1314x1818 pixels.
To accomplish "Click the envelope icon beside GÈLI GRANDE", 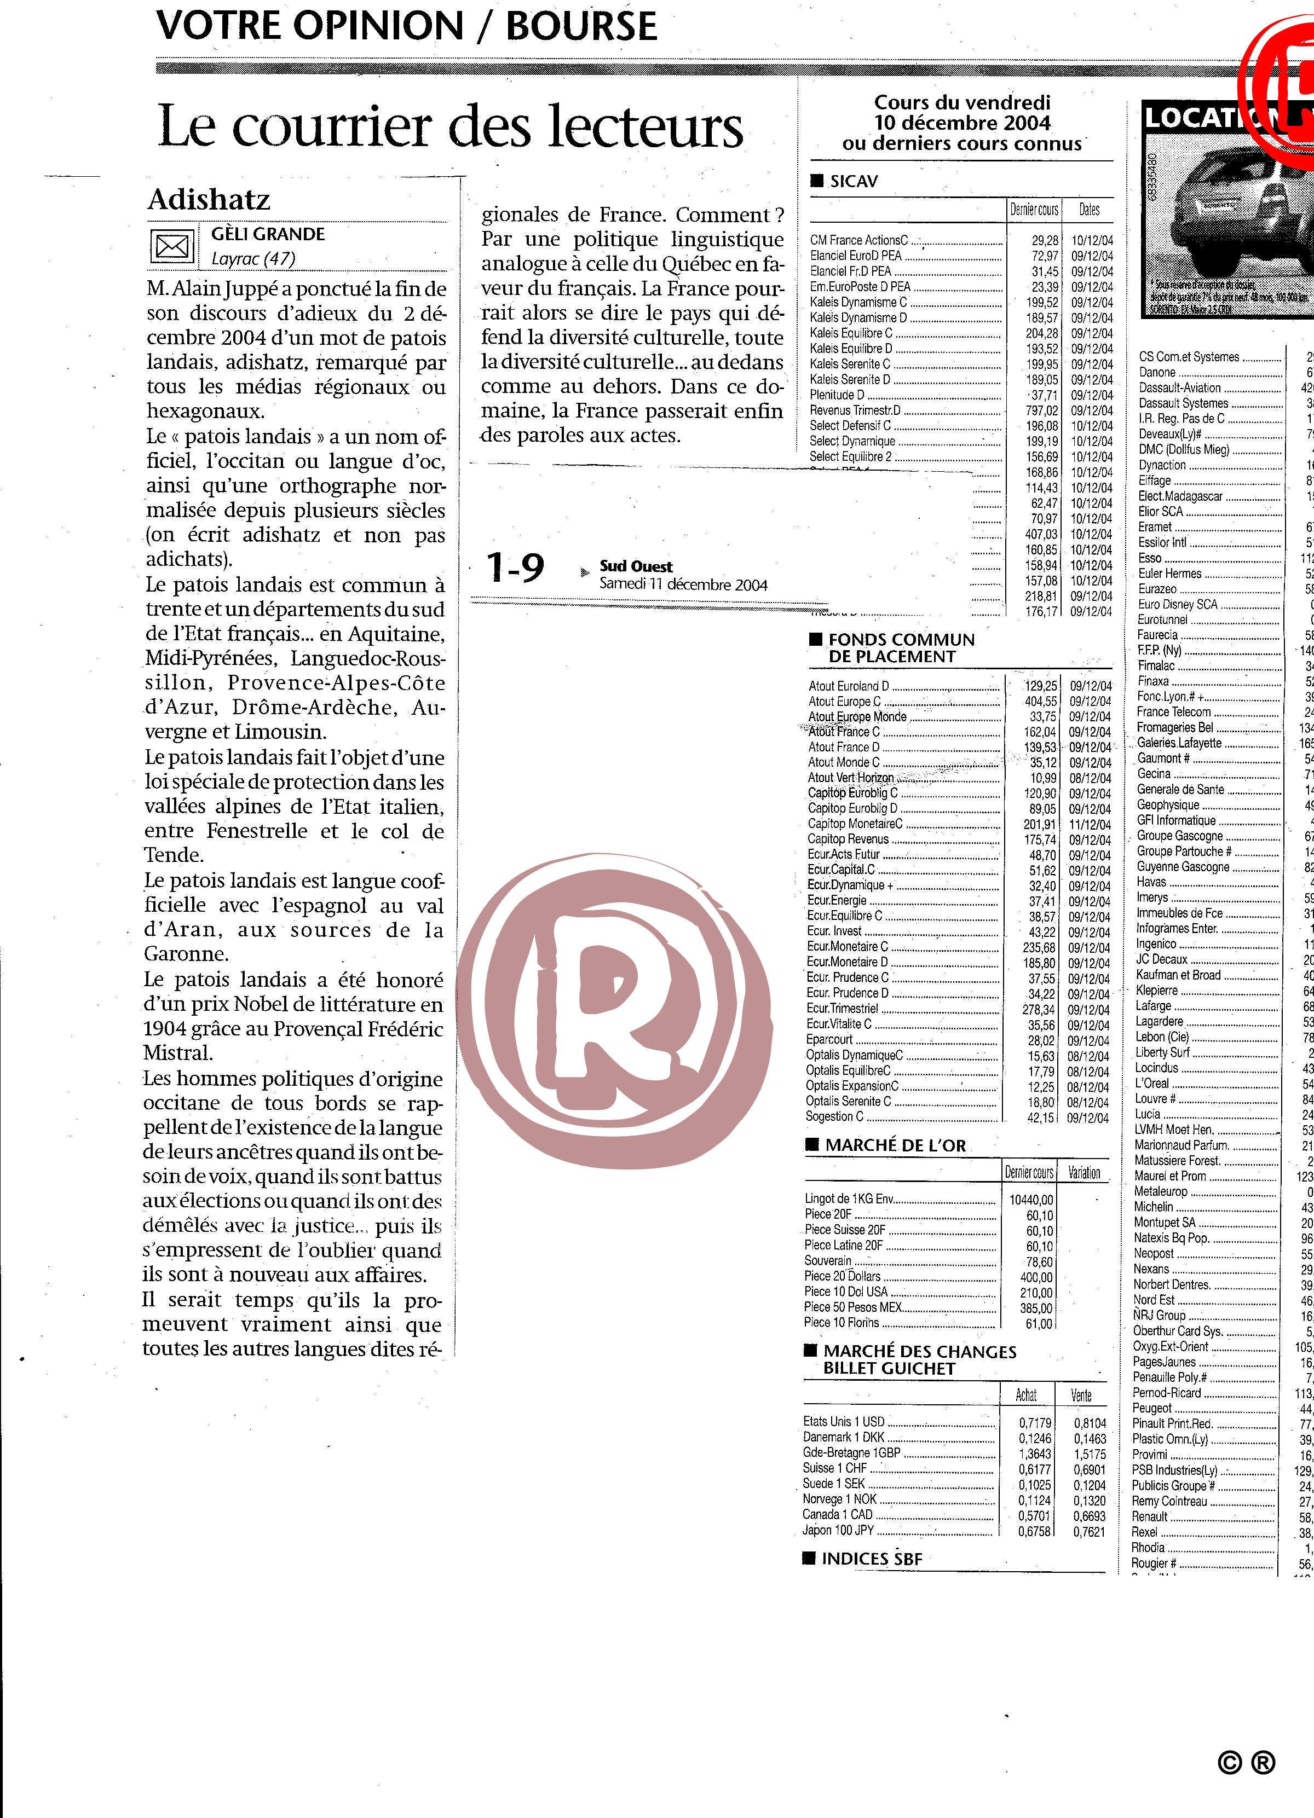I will [x=171, y=246].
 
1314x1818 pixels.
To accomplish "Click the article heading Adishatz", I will [x=209, y=199].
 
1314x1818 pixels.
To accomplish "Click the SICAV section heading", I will [x=853, y=181].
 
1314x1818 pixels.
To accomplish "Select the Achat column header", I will [x=1026, y=1396].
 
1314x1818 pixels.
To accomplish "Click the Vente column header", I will [x=1081, y=1396].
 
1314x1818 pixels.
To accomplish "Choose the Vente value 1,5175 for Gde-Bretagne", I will [x=1090, y=1454].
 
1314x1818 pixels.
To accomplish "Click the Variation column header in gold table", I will [x=1084, y=1173].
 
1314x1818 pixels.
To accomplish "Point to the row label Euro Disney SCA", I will [x=1178, y=604].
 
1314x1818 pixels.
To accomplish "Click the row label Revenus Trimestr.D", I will [x=855, y=410].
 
